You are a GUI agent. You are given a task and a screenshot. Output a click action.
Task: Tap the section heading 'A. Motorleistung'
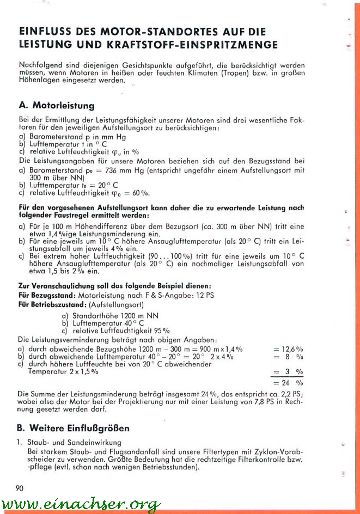[x=56, y=105]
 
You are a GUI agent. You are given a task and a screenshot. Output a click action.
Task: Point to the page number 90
[x=20, y=487]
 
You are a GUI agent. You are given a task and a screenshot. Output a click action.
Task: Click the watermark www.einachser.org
[x=81, y=505]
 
